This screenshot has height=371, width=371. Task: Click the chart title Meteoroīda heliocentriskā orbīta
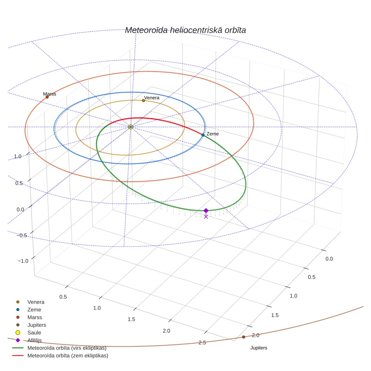point(185,30)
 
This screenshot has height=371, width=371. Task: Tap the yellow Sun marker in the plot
point(130,127)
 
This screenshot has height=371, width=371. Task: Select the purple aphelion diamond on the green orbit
point(206,211)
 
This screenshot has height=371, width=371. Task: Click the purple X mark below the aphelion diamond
point(206,217)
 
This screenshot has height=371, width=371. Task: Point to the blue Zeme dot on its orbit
point(203,135)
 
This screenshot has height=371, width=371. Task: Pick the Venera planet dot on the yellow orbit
point(144,100)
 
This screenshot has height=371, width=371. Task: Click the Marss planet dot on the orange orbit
point(47,97)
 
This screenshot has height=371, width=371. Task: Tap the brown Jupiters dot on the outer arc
point(244,337)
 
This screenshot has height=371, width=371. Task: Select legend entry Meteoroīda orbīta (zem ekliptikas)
point(60,356)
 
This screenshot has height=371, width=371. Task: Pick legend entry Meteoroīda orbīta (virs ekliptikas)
point(59,348)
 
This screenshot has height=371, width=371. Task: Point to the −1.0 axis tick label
point(23,261)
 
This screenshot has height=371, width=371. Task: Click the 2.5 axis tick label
point(202,343)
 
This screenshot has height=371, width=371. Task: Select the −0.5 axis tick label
point(22,236)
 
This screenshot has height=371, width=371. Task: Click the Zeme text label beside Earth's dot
point(212,134)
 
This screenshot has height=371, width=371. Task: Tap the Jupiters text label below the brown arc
point(259,348)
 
